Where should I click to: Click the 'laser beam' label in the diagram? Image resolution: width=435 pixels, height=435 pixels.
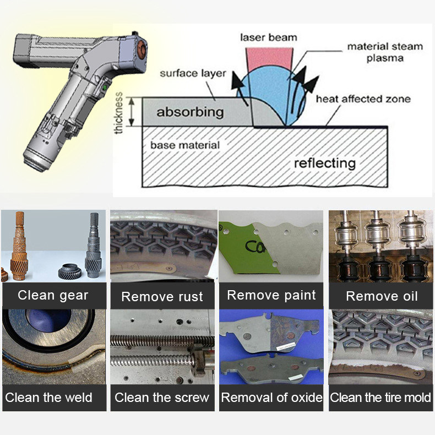269,37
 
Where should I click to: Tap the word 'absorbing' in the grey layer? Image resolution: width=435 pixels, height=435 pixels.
190,112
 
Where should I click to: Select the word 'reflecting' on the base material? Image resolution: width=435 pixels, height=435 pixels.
324,163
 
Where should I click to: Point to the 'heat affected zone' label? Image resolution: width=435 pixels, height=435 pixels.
363,99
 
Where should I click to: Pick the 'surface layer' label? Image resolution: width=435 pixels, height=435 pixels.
193,73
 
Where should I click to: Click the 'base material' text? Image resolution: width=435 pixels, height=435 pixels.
184,145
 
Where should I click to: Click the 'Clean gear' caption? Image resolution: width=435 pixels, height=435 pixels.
53,295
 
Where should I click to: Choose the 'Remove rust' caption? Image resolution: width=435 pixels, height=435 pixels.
162,297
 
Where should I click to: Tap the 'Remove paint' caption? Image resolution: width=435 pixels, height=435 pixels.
271,295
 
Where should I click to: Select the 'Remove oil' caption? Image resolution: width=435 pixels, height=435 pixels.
382,296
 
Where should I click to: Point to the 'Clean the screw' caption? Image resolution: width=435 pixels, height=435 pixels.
162,398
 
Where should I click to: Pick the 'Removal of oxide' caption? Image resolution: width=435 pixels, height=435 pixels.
271,398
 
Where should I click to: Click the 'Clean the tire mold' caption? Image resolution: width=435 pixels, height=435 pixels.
380,398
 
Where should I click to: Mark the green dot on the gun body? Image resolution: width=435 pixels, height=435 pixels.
103,86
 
